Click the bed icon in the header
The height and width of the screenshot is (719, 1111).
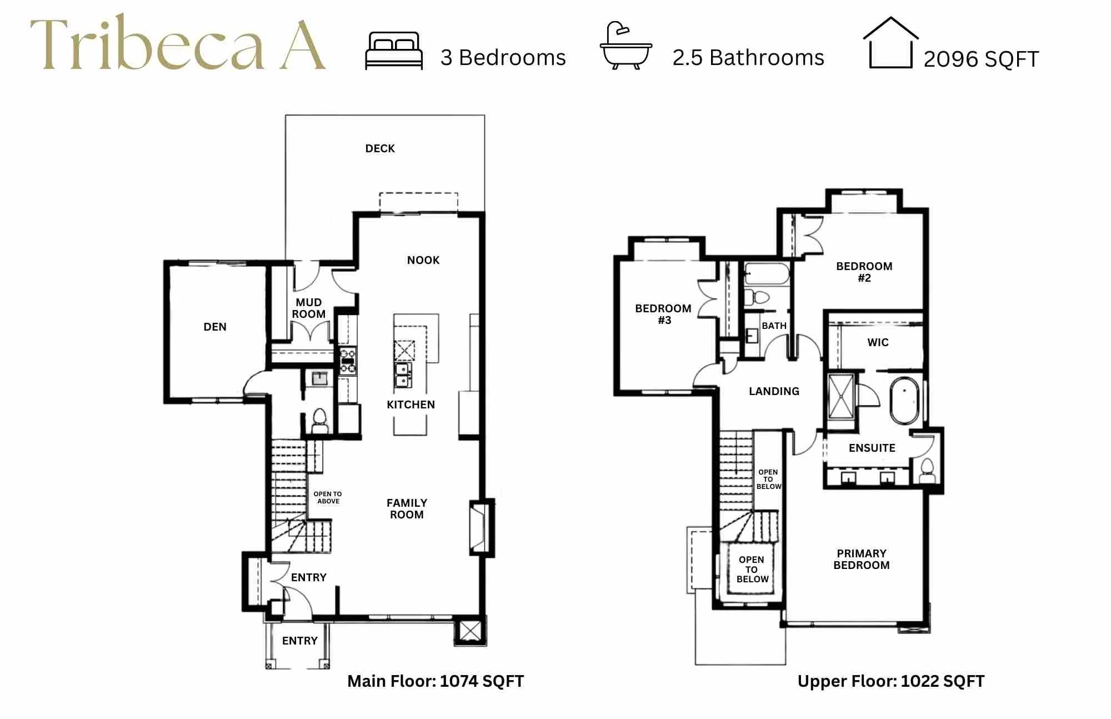click(394, 51)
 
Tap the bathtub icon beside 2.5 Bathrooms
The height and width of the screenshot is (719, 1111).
click(626, 46)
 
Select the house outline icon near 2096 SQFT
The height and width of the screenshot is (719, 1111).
click(890, 43)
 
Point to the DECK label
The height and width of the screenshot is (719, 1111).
click(380, 148)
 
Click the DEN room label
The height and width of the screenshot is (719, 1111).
click(215, 327)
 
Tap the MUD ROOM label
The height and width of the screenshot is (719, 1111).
click(309, 308)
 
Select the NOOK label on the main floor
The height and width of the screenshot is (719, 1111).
click(423, 260)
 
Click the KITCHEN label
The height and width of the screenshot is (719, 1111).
click(411, 405)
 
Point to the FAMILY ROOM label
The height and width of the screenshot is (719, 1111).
click(407, 508)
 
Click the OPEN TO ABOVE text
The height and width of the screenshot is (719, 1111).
click(328, 497)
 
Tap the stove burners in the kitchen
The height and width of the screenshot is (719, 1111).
click(348, 360)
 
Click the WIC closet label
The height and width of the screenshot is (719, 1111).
click(878, 342)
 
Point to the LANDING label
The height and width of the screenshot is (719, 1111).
click(774, 391)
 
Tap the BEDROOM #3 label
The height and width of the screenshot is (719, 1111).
click(664, 314)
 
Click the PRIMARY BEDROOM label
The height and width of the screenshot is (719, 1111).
click(862, 559)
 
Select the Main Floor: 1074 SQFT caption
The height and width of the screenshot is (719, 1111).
click(436, 681)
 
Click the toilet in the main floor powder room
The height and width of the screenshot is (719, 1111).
click(320, 421)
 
